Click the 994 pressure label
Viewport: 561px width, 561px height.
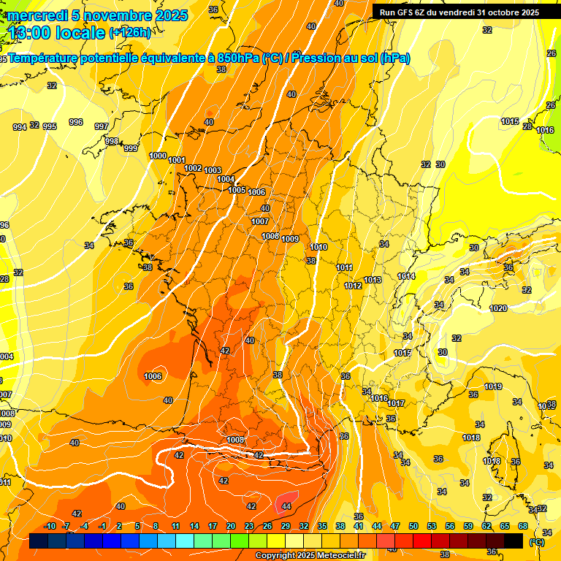20,127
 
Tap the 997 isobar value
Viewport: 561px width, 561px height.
102,126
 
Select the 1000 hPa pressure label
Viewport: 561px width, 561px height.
158,156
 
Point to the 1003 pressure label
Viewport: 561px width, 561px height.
213,170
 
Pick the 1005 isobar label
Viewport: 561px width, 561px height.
237,190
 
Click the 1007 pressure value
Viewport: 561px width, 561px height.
260,221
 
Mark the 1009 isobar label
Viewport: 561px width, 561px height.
290,239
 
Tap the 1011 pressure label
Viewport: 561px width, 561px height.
345,267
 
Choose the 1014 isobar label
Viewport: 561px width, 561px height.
406,276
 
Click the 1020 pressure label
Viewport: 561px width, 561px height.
498,308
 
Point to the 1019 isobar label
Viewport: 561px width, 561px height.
493,386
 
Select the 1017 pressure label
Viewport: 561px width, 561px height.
396,403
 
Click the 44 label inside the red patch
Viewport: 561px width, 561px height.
286,505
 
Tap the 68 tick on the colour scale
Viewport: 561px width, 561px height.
523,526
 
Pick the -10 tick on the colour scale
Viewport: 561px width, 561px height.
50,526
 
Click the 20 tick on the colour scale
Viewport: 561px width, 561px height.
231,526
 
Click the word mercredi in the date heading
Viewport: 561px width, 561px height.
37,15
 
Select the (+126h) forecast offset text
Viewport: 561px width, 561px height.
129,32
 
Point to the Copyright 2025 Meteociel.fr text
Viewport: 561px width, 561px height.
310,555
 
